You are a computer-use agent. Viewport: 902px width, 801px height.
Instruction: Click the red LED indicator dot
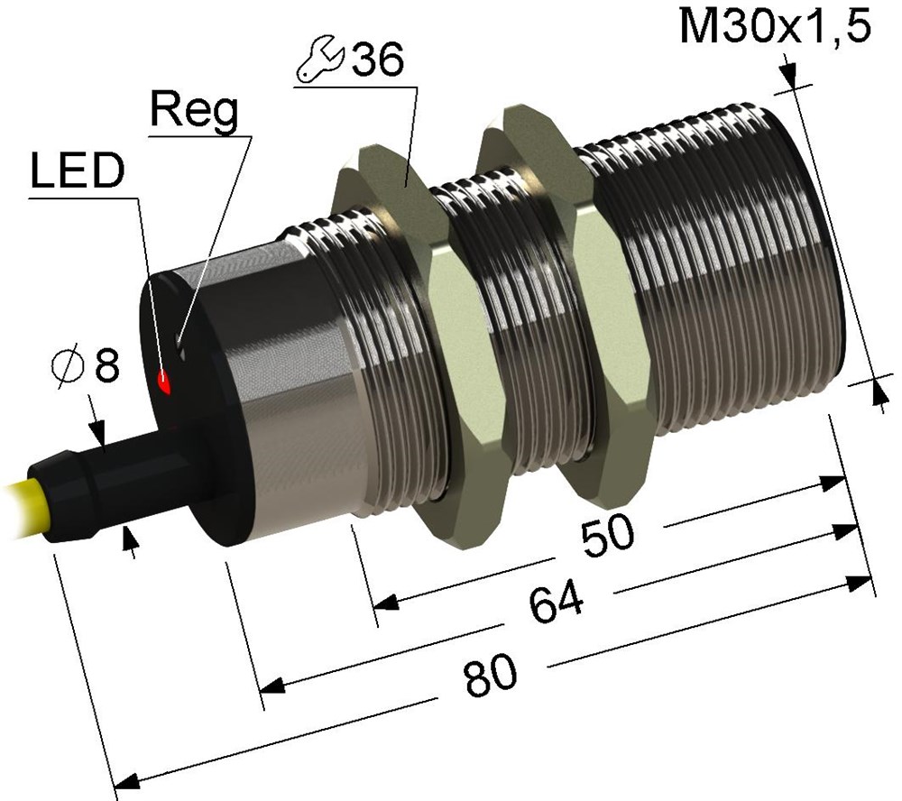point(164,382)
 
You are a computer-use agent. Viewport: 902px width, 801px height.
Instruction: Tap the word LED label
point(77,170)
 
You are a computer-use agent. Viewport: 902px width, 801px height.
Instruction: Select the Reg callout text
point(194,111)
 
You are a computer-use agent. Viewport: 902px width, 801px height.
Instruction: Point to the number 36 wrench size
point(378,60)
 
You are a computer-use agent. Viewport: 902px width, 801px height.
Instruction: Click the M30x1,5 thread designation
point(774,26)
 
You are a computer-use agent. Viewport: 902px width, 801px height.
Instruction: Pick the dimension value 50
point(607,536)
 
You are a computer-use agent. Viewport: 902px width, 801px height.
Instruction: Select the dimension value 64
point(556,602)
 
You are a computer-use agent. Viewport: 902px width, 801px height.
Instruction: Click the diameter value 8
point(107,364)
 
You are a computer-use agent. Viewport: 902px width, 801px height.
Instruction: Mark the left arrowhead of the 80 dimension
point(127,780)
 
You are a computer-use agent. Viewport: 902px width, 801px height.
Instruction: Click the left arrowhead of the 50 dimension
point(386,602)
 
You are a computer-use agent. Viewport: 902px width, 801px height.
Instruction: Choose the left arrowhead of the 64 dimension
point(272,686)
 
